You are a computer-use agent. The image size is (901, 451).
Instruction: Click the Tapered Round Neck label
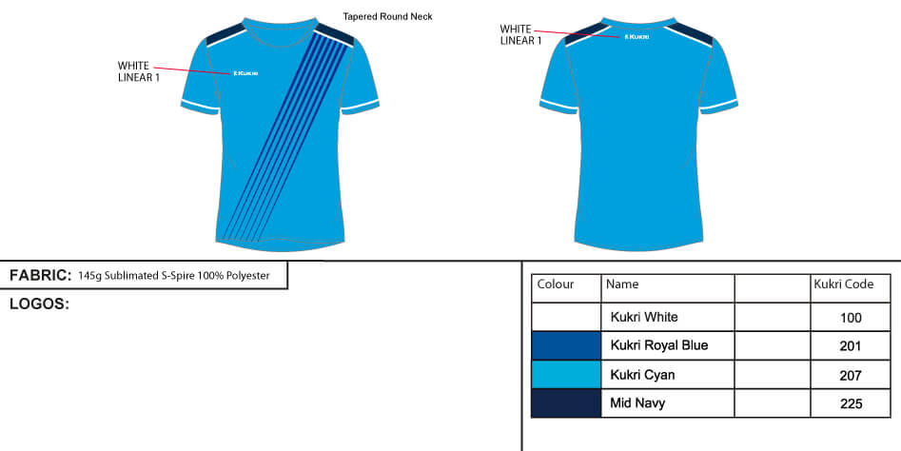(387, 16)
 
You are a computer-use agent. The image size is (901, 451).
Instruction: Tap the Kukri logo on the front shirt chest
(246, 73)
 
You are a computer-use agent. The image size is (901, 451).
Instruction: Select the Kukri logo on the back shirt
(637, 37)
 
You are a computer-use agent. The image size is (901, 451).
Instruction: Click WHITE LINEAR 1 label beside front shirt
(138, 71)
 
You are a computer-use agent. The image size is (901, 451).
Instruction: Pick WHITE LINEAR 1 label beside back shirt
(520, 34)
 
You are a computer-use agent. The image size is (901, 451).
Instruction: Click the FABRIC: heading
(40, 276)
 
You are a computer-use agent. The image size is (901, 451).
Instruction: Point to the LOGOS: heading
(39, 304)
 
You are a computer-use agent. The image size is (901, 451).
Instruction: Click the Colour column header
(556, 284)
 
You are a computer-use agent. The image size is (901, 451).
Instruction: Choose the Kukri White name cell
(643, 317)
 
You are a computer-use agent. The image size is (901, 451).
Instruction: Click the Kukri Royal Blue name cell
(658, 345)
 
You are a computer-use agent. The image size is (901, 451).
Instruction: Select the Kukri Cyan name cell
(642, 375)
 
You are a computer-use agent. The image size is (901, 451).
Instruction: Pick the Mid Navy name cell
(637, 403)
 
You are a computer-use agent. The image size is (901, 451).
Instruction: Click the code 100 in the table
(851, 318)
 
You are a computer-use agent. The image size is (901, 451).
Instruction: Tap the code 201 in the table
(851, 346)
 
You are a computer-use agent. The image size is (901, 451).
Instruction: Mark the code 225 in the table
(851, 404)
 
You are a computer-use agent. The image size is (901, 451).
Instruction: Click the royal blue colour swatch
(566, 345)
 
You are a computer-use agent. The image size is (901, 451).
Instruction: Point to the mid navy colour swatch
(566, 403)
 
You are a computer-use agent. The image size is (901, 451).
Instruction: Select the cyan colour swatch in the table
(566, 375)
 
